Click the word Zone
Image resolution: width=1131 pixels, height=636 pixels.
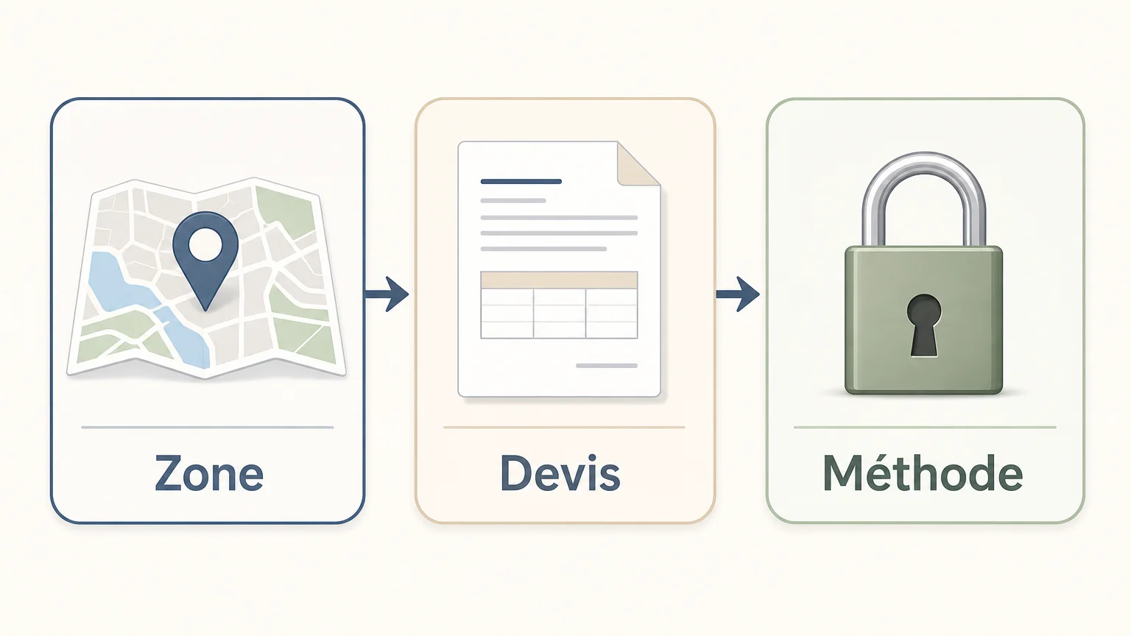point(208,473)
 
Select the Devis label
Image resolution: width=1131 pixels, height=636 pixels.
point(560,473)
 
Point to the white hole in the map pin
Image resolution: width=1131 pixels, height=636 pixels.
point(205,245)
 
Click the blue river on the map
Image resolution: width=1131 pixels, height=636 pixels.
point(147,308)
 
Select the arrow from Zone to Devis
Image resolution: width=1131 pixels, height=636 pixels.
point(387,294)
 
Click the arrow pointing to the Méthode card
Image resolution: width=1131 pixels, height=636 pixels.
point(738,294)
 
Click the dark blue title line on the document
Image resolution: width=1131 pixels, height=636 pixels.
point(521,181)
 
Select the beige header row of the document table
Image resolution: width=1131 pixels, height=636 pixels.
point(559,280)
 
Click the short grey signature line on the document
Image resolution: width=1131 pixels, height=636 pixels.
point(607,365)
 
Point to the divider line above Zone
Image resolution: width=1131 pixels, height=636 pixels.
point(208,427)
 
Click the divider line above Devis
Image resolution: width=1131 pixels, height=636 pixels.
point(564,427)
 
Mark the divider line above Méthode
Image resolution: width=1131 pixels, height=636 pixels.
point(925,427)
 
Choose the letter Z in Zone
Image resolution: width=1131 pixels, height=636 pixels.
point(169,473)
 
